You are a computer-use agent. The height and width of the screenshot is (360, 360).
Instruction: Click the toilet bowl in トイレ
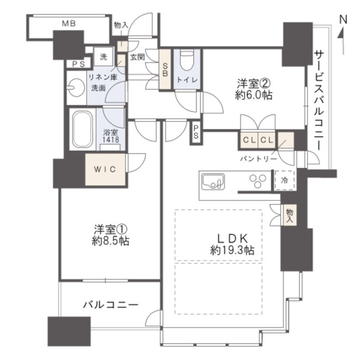click(187, 60)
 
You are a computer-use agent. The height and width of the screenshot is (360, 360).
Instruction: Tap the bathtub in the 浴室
click(83, 129)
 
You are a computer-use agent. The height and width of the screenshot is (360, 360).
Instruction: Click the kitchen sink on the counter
click(213, 181)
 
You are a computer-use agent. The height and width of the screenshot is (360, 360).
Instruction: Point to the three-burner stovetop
click(258, 181)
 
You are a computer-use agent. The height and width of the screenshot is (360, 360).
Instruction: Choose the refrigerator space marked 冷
click(285, 180)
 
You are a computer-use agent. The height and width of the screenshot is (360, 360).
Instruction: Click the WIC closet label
click(105, 170)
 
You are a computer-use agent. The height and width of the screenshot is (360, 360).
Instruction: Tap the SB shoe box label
click(165, 70)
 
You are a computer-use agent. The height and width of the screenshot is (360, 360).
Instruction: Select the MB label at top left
click(68, 23)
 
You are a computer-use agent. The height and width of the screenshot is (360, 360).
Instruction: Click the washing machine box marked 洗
click(104, 56)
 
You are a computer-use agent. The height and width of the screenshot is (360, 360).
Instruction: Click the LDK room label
click(232, 239)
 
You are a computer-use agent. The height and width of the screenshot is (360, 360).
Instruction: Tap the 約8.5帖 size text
click(110, 241)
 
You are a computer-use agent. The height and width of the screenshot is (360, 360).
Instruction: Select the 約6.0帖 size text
click(253, 95)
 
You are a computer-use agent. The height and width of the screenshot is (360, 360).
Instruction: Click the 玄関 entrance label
click(137, 57)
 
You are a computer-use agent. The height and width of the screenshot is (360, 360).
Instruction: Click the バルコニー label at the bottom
click(110, 305)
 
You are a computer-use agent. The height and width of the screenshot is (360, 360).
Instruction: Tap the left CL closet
click(249, 140)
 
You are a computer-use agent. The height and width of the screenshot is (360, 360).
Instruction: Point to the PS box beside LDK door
click(195, 133)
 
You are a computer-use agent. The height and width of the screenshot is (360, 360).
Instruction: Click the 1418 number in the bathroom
click(110, 139)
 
